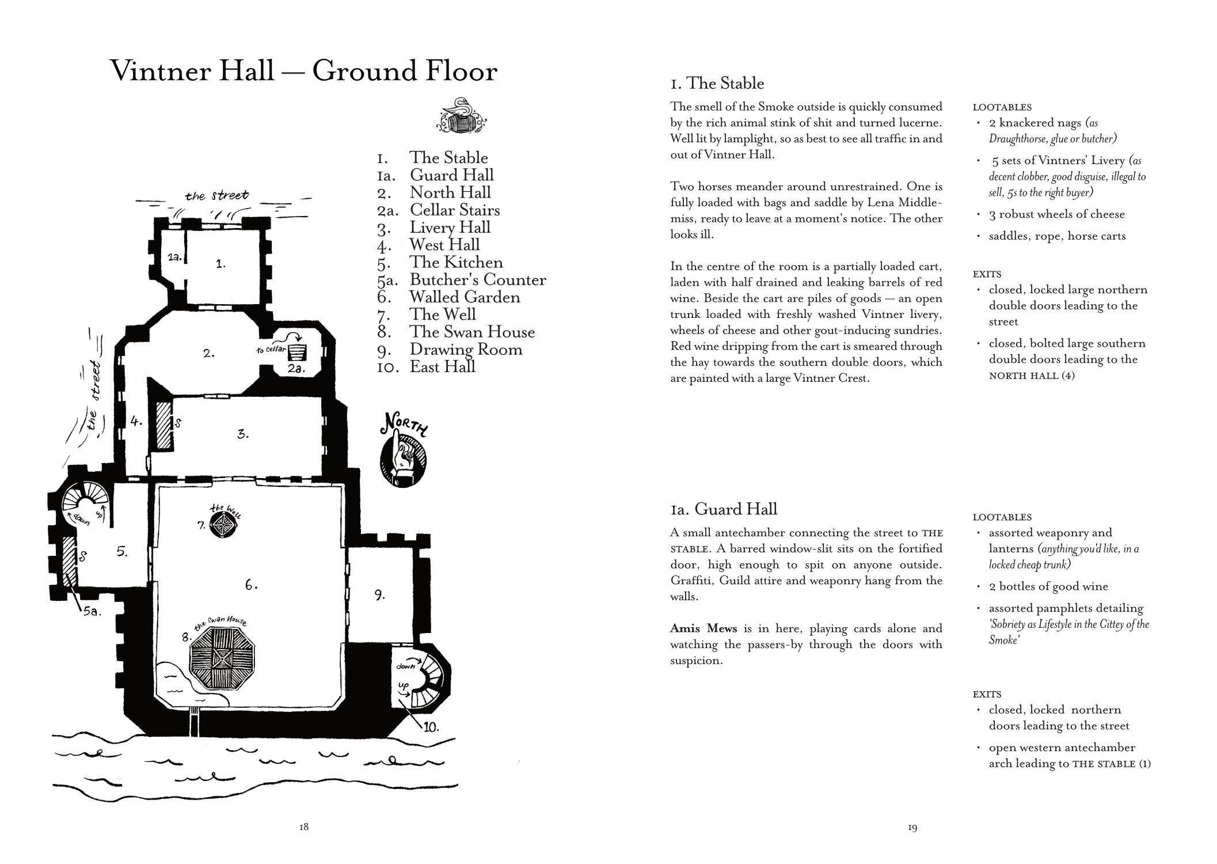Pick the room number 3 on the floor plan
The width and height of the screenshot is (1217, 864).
pyautogui.click(x=243, y=434)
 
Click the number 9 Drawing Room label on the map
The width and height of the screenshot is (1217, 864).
pyautogui.click(x=379, y=595)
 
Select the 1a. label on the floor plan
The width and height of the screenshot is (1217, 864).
pyautogui.click(x=175, y=257)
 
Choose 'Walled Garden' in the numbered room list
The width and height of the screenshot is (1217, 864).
pyautogui.click(x=465, y=297)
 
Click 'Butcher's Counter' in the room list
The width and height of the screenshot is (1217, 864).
pyautogui.click(x=478, y=280)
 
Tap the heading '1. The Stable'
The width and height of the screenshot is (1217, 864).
pyautogui.click(x=717, y=84)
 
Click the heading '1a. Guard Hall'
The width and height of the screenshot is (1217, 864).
pyautogui.click(x=724, y=509)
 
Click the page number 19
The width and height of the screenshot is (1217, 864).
pyautogui.click(x=912, y=828)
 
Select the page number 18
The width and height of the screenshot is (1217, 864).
pyautogui.click(x=304, y=827)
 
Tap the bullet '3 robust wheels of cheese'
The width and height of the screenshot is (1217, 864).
pyautogui.click(x=1056, y=214)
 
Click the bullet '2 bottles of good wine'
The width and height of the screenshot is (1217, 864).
pyautogui.click(x=1048, y=586)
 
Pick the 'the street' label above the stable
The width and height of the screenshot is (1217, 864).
pyautogui.click(x=217, y=196)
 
